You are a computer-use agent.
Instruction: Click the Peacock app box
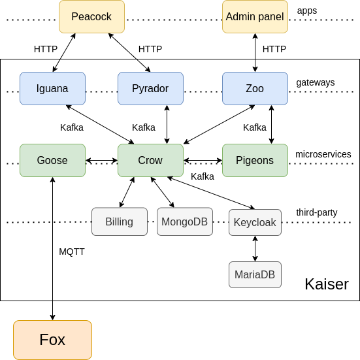tap(92, 17)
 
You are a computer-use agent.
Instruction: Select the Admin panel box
tap(255, 17)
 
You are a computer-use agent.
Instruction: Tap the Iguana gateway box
tap(52, 89)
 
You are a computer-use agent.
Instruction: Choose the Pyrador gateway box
tap(151, 89)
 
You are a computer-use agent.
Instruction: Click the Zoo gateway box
tap(255, 89)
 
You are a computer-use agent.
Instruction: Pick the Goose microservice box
tap(52, 161)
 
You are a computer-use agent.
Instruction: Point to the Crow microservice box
tap(151, 161)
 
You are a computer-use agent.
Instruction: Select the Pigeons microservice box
tap(255, 161)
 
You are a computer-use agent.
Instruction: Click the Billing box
tap(120, 221)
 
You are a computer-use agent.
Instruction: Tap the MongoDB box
tap(185, 221)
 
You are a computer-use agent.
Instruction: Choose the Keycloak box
tap(255, 223)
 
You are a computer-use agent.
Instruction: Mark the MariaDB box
tap(255, 274)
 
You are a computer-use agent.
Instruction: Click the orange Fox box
tap(52, 340)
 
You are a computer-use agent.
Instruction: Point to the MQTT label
tap(72, 252)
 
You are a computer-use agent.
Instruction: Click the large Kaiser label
tap(327, 284)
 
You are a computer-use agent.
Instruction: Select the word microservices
tap(323, 154)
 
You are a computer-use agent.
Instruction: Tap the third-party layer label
tap(317, 212)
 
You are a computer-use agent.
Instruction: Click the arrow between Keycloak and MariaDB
tap(255, 249)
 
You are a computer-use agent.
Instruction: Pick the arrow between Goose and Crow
tap(101, 161)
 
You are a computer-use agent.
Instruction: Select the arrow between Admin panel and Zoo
tap(255, 52)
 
